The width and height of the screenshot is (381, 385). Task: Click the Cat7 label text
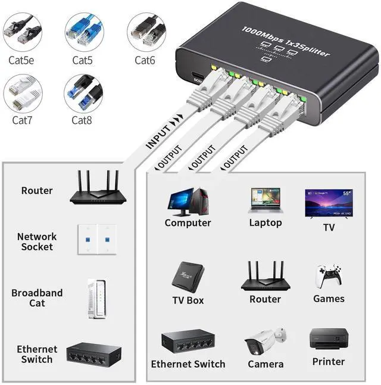23,120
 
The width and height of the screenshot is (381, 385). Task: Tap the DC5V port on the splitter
196,77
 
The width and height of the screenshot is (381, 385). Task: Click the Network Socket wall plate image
96,239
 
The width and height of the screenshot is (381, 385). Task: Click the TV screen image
329,204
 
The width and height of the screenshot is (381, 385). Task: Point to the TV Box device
188,276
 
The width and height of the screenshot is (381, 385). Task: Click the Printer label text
328,361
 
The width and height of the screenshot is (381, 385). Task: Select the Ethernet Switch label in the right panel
188,364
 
